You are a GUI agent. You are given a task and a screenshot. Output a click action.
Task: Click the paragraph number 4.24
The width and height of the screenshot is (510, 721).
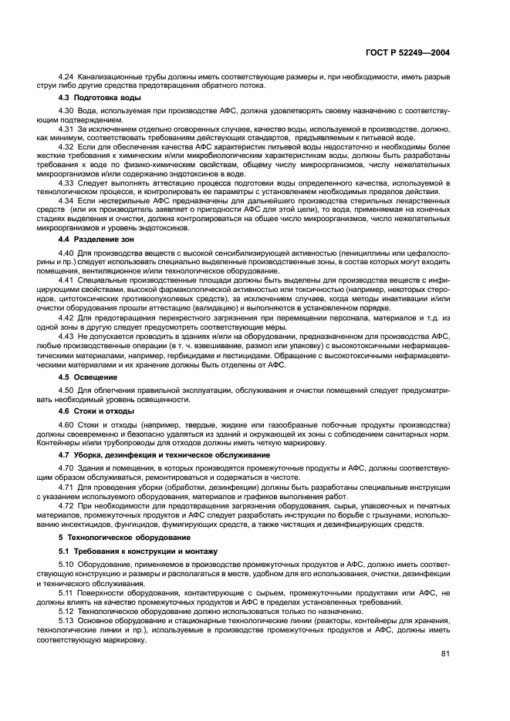tap(66, 78)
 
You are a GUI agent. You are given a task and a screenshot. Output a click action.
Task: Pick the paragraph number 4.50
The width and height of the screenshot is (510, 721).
tap(66, 391)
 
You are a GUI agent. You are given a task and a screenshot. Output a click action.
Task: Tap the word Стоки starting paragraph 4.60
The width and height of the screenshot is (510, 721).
tap(90, 426)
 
